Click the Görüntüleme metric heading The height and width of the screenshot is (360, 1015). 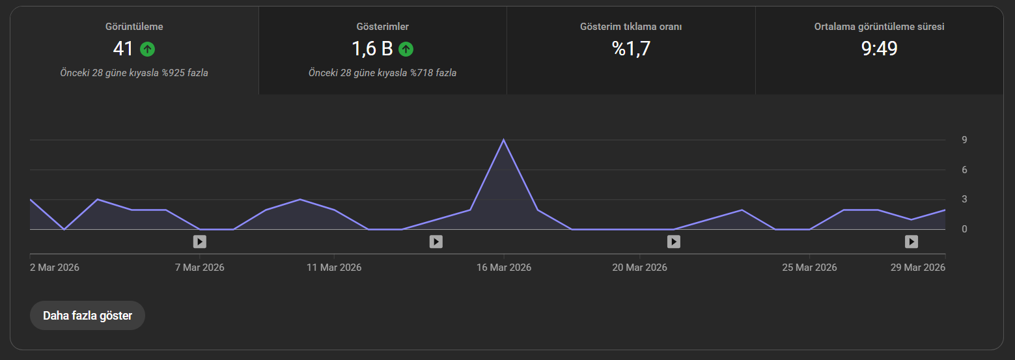click(x=134, y=27)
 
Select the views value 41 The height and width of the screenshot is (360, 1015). click(x=123, y=49)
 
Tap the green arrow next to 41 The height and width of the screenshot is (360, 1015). click(x=147, y=49)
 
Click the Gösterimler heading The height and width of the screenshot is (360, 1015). click(x=382, y=27)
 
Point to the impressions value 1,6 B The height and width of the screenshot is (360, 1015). click(x=372, y=49)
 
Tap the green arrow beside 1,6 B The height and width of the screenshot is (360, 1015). click(x=406, y=49)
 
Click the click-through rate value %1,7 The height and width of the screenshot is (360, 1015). click(x=631, y=48)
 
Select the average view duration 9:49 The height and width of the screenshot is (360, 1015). click(x=879, y=48)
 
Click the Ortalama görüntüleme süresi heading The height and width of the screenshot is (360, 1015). click(x=879, y=27)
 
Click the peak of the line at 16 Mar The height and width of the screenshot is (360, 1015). click(x=503, y=140)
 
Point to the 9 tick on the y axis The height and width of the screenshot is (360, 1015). click(x=965, y=140)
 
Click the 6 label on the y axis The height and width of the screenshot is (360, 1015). click(x=965, y=170)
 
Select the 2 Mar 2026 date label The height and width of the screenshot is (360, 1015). click(x=55, y=268)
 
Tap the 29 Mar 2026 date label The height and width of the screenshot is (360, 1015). click(x=917, y=268)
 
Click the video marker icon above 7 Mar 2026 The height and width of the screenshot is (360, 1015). click(x=199, y=242)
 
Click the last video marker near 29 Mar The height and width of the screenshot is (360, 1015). click(x=911, y=242)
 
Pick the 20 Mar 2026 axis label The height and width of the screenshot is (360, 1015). click(x=639, y=268)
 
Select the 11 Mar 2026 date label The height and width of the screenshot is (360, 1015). click(x=334, y=268)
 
